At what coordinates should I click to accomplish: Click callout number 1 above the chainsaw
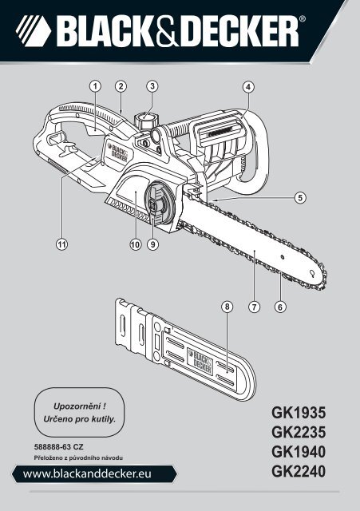[95, 85]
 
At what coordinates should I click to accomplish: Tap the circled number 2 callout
[121, 85]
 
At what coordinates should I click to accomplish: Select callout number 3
[152, 85]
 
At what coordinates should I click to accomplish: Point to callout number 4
[249, 85]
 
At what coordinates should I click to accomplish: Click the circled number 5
[300, 196]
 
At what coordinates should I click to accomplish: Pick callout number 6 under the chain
[280, 306]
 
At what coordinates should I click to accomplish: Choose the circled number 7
[255, 306]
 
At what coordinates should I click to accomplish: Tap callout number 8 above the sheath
[227, 306]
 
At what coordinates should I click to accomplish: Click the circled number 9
[152, 244]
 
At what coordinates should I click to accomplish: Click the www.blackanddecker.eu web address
[91, 474]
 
